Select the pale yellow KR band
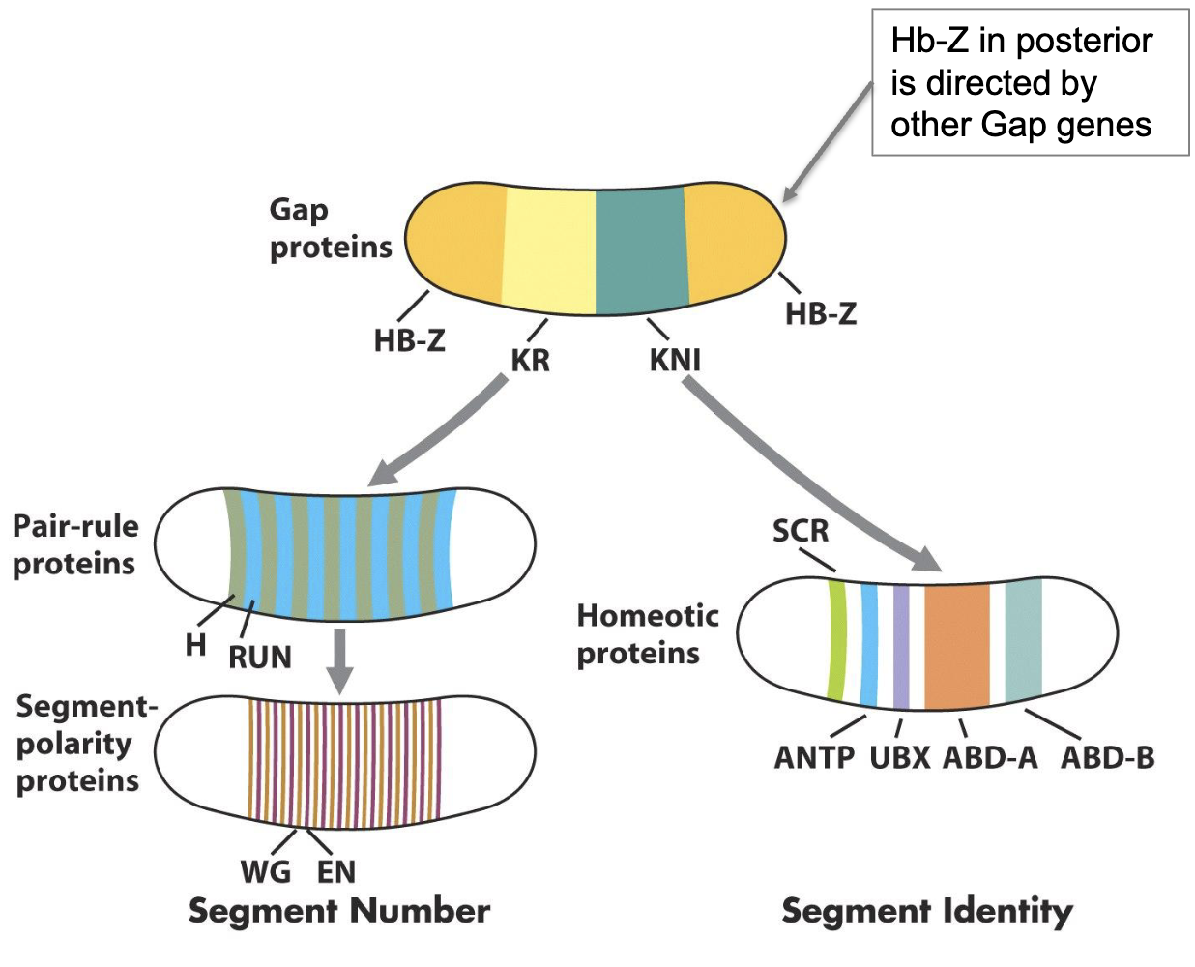(x=548, y=249)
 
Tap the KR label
(x=530, y=361)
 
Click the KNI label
(x=675, y=361)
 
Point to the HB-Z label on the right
(x=820, y=314)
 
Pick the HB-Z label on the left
(x=409, y=340)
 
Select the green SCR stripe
(x=837, y=640)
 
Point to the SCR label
(x=800, y=531)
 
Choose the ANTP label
(x=814, y=758)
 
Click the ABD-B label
(x=1107, y=758)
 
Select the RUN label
(x=259, y=658)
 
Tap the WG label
(x=265, y=872)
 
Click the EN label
(x=336, y=872)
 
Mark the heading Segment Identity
(x=926, y=912)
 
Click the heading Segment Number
(x=338, y=912)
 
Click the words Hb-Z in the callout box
(x=928, y=42)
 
